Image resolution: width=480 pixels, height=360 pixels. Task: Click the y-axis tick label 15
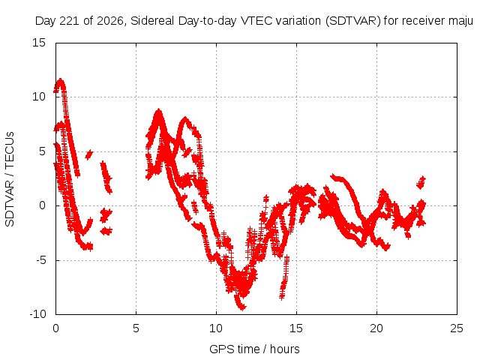click(39, 43)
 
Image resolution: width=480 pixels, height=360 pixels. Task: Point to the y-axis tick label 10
click(39, 97)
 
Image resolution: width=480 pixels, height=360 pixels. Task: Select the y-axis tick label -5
click(40, 260)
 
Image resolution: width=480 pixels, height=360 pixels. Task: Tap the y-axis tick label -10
click(37, 314)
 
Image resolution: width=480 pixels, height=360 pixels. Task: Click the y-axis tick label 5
click(42, 151)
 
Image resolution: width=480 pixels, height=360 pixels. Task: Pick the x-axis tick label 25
click(457, 328)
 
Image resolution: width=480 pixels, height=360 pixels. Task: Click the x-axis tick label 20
click(376, 328)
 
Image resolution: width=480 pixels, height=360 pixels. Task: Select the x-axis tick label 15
click(296, 328)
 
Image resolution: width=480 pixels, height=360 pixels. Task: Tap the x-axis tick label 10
click(216, 328)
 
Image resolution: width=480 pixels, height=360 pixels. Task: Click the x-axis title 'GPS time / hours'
click(254, 349)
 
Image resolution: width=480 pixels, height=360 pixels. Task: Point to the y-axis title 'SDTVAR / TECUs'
click(10, 179)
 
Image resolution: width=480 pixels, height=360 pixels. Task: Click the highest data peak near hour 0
click(60, 81)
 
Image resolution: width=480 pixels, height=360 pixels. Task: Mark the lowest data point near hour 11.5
click(242, 307)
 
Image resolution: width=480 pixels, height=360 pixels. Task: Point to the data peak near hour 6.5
click(158, 112)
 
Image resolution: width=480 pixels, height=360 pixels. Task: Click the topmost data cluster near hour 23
click(421, 182)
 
